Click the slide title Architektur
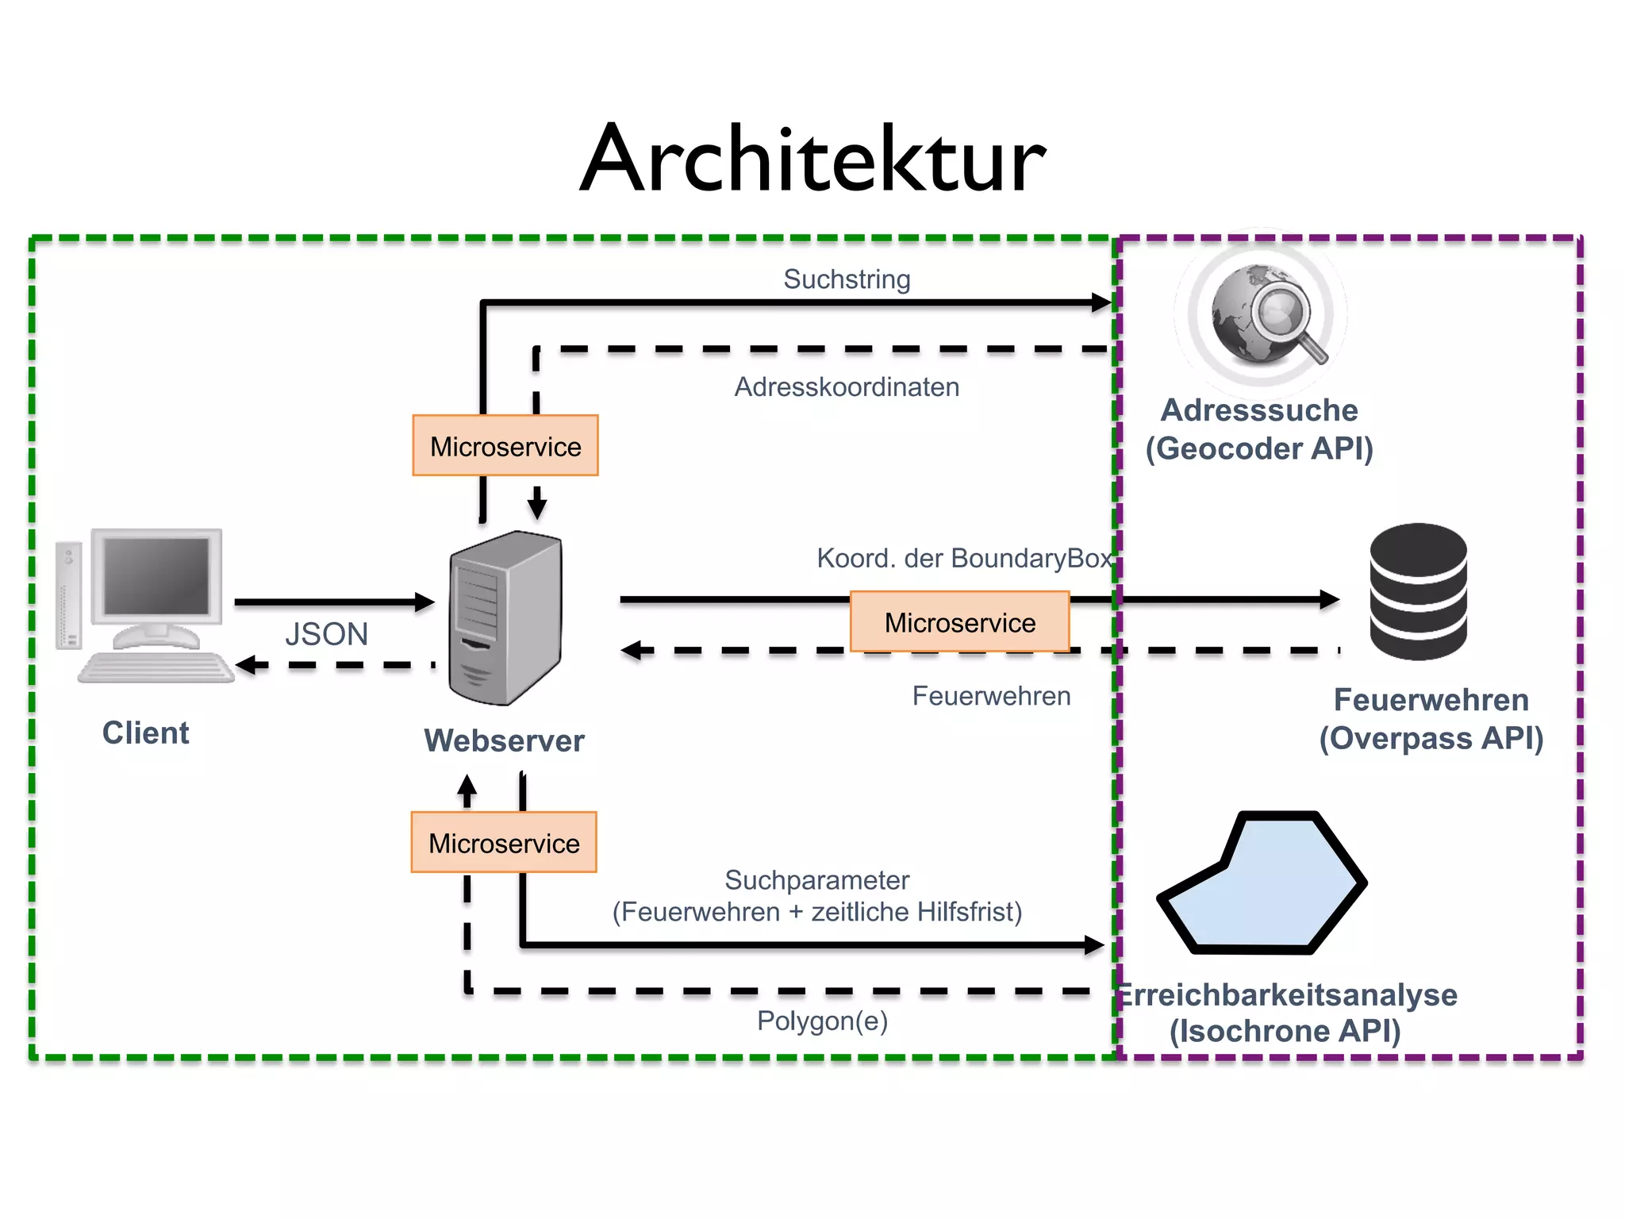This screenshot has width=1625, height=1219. [812, 159]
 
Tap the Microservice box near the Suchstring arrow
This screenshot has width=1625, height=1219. [505, 446]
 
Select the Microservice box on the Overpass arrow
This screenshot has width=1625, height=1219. [959, 622]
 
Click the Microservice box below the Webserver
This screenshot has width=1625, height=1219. [504, 843]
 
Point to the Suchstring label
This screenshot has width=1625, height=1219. [847, 279]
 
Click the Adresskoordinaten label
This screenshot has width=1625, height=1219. [847, 387]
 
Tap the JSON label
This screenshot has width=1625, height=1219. [326, 634]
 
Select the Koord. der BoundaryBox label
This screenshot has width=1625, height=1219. [964, 558]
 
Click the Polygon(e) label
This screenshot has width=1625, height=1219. [822, 1021]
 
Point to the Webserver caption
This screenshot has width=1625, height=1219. [504, 740]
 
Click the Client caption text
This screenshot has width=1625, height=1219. [145, 733]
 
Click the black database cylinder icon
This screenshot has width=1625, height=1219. [1418, 591]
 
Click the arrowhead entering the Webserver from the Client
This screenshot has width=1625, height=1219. [425, 602]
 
